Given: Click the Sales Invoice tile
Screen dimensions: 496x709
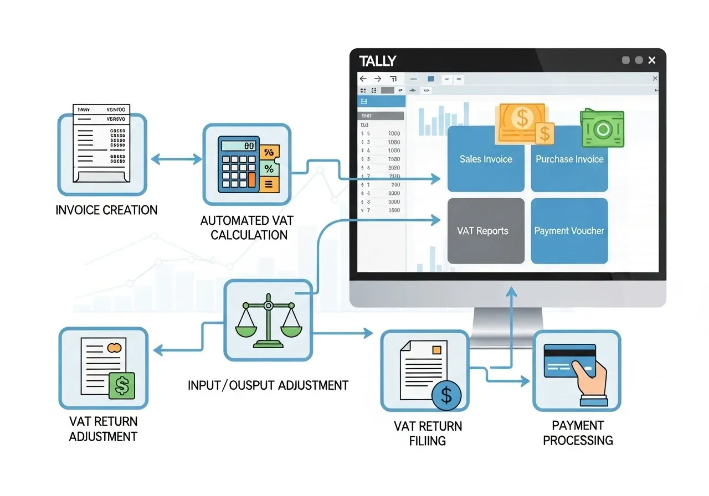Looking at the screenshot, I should (x=486, y=159).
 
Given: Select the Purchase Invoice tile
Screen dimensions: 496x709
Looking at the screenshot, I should (x=569, y=159).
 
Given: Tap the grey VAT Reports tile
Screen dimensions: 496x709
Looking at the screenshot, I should (x=486, y=231).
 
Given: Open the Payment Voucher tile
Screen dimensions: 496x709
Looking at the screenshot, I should (x=569, y=231).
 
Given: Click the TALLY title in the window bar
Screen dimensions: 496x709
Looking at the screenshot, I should (x=377, y=61).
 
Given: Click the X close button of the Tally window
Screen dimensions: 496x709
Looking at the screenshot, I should (x=652, y=60).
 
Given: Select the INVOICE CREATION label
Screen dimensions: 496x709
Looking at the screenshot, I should (x=107, y=210).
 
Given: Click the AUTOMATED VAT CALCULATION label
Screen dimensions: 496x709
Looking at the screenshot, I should (x=246, y=228).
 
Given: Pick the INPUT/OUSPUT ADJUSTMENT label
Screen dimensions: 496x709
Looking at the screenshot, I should (x=268, y=385).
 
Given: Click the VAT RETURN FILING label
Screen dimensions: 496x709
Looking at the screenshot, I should (x=428, y=433).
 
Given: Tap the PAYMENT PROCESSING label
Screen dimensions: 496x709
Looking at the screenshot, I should (x=578, y=433).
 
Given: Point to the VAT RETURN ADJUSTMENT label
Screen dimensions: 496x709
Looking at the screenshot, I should (x=103, y=429).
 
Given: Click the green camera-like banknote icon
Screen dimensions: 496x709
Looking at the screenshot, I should (x=603, y=128).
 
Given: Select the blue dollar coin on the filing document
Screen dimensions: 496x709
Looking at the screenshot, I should (x=446, y=395).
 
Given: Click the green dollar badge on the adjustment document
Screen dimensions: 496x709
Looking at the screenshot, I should (x=122, y=386).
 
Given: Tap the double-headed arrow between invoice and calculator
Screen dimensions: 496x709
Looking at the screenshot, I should (x=176, y=160).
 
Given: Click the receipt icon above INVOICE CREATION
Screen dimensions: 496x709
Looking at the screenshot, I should (x=102, y=143).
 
